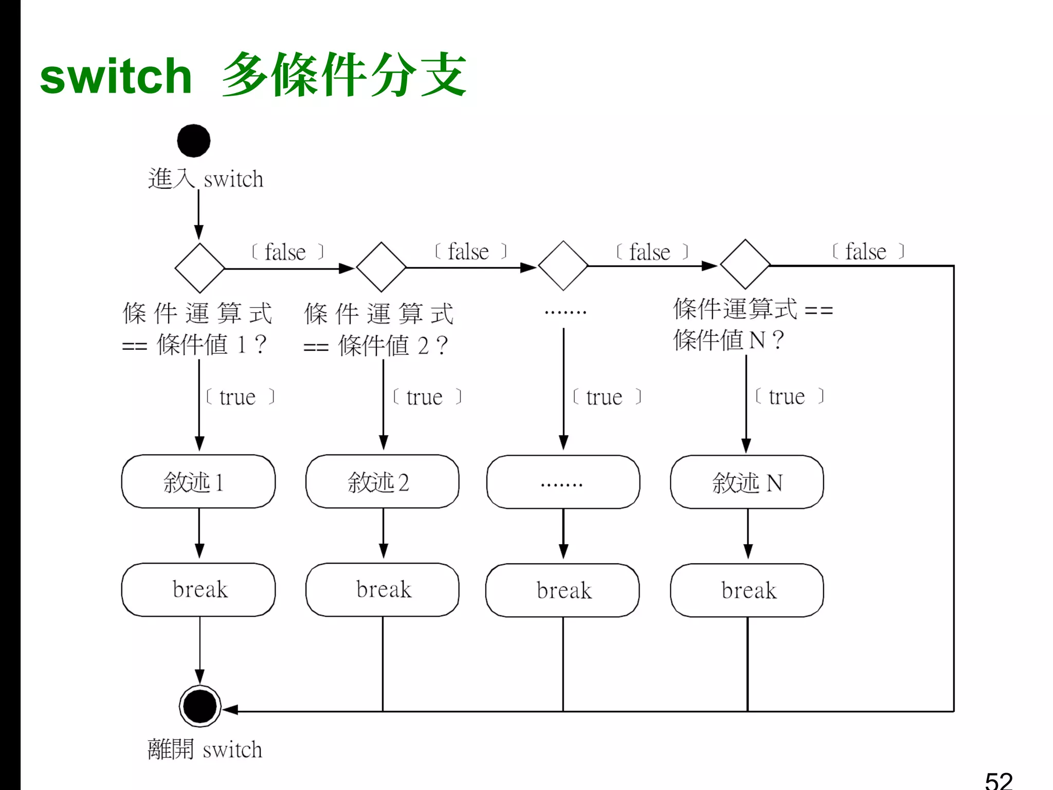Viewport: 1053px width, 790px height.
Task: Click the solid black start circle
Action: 194,140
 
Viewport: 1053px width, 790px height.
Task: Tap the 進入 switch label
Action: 206,179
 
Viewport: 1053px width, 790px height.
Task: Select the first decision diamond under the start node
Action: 199,268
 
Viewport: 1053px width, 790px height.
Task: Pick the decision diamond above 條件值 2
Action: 381,267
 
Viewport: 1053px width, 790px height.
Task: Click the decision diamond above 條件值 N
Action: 745,264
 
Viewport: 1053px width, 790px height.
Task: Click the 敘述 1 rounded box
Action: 198,481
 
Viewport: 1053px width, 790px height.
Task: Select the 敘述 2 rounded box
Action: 382,481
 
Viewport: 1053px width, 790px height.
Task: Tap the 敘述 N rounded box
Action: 747,482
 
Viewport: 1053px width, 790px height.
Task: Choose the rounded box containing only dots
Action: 563,482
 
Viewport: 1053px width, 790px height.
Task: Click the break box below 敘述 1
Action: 198,589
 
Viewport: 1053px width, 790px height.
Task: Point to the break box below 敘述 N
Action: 747,590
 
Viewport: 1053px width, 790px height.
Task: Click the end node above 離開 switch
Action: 200,706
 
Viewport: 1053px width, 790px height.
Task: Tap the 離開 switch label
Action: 205,749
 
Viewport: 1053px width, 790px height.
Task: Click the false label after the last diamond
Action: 867,252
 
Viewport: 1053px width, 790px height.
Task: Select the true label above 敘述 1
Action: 238,397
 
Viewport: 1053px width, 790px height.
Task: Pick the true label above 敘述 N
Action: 787,397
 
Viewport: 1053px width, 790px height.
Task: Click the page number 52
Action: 998,781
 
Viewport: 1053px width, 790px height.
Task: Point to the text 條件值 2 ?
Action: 393,345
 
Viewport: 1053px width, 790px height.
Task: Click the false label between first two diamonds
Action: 286,252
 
